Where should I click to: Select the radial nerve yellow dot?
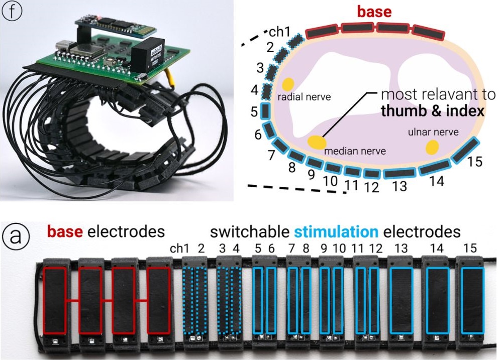[288, 84]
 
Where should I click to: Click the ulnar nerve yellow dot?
[432, 147]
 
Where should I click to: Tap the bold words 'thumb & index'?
[432, 111]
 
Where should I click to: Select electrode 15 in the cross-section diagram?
[465, 150]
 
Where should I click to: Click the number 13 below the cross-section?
[399, 186]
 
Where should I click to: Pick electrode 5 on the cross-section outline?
[265, 110]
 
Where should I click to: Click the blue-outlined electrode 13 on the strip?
[401, 300]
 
